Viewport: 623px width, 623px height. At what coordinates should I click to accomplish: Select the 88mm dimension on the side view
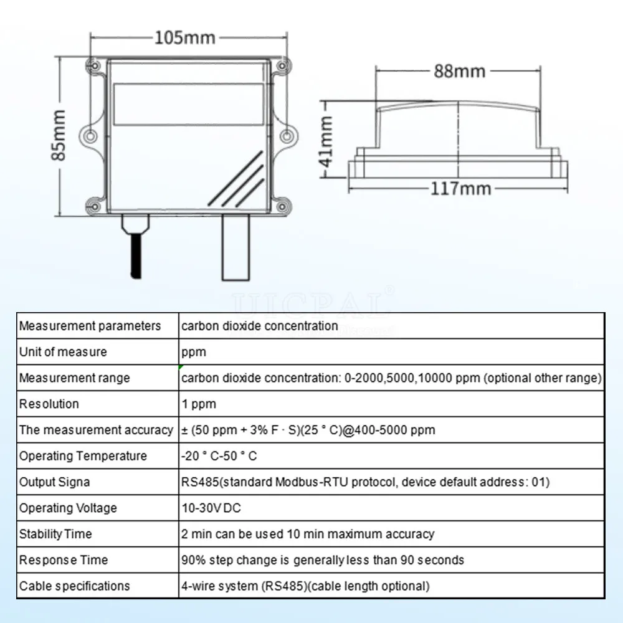[459, 71]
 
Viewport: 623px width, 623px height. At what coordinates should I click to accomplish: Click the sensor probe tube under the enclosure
[235, 249]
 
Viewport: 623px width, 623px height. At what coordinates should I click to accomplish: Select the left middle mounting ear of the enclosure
[91, 135]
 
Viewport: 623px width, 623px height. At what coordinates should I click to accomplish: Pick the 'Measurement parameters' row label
[90, 326]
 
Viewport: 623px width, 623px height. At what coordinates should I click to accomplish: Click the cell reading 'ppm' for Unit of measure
[194, 352]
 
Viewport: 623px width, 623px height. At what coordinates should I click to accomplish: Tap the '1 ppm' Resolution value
[199, 404]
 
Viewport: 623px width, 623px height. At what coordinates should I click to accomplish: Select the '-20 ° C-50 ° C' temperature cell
[219, 456]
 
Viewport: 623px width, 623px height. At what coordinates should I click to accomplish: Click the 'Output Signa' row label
[54, 482]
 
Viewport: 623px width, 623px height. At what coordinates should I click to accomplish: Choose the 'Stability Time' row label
[55, 534]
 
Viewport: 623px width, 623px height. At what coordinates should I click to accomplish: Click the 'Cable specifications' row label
[75, 586]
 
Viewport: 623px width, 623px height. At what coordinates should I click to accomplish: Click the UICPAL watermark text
[311, 305]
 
